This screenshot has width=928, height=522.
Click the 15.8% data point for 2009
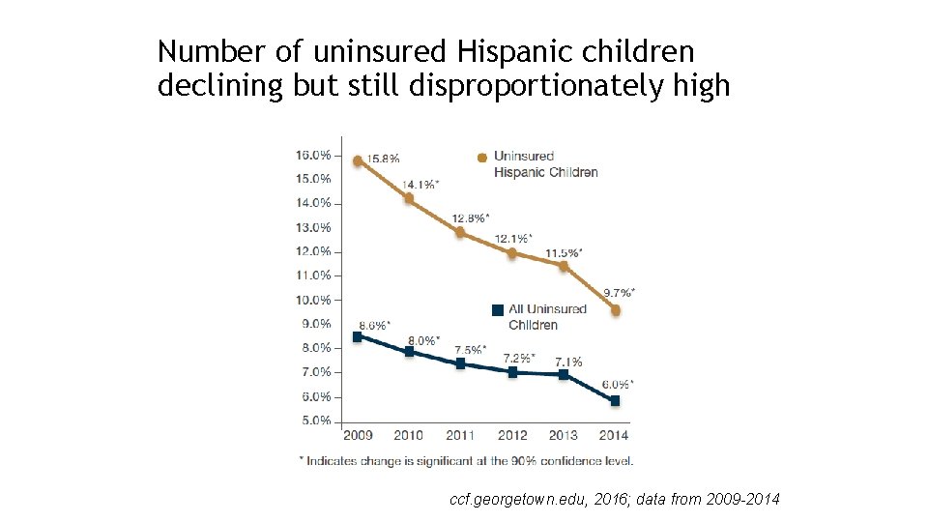coord(358,161)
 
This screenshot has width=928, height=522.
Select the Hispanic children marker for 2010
coord(409,199)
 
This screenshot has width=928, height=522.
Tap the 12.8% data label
coord(470,217)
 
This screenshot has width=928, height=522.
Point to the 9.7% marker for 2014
coord(616,310)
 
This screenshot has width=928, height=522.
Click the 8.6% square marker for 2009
coord(358,336)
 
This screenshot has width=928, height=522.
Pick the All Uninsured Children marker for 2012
coord(512,371)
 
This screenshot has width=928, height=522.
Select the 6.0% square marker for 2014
coord(615,400)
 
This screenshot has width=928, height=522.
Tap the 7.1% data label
coord(567,361)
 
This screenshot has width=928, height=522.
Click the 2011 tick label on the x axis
coord(461,435)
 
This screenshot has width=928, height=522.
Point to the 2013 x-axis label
coord(564,435)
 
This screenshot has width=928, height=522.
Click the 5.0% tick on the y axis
coord(316,420)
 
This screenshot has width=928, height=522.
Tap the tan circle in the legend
coord(481,158)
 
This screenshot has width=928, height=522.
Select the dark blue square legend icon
coord(498,310)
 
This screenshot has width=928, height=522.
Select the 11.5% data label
coord(563,252)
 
